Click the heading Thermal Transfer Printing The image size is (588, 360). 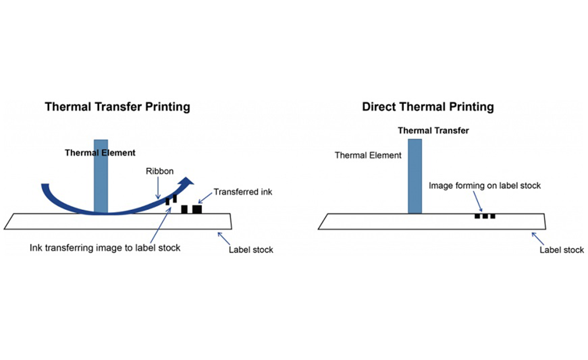pyautogui.click(x=118, y=107)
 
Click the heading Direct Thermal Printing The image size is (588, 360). pyautogui.click(x=428, y=107)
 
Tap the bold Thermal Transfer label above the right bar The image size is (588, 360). pyautogui.click(x=433, y=131)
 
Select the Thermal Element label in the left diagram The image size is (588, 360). pyautogui.click(x=100, y=153)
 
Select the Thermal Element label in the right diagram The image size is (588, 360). pyautogui.click(x=368, y=156)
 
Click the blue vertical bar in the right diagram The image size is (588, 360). pyautogui.click(x=415, y=176)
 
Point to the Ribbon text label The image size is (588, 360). pyautogui.click(x=160, y=171)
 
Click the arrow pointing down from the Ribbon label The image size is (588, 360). pyautogui.click(x=158, y=188)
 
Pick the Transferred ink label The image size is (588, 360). pyautogui.click(x=243, y=192)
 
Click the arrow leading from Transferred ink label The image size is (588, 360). pyautogui.click(x=205, y=198)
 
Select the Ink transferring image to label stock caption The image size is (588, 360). pyautogui.click(x=105, y=248)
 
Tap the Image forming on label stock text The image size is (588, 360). pyautogui.click(x=484, y=186)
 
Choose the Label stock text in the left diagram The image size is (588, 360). pyautogui.click(x=251, y=250)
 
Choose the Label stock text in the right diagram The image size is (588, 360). pyautogui.click(x=562, y=250)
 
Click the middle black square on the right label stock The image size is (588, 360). pyautogui.click(x=485, y=216)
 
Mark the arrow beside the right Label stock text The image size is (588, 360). pyautogui.click(x=537, y=238)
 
